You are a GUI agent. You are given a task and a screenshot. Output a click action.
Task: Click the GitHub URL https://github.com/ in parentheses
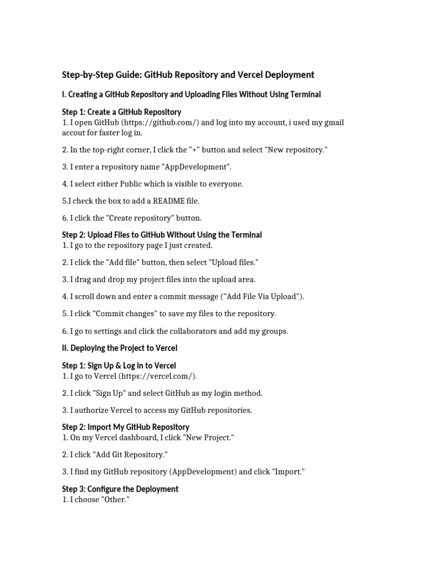(159, 123)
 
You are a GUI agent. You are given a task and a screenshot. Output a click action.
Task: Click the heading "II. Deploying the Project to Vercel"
(120, 348)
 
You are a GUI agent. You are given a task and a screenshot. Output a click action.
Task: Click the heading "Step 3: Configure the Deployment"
(120, 489)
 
